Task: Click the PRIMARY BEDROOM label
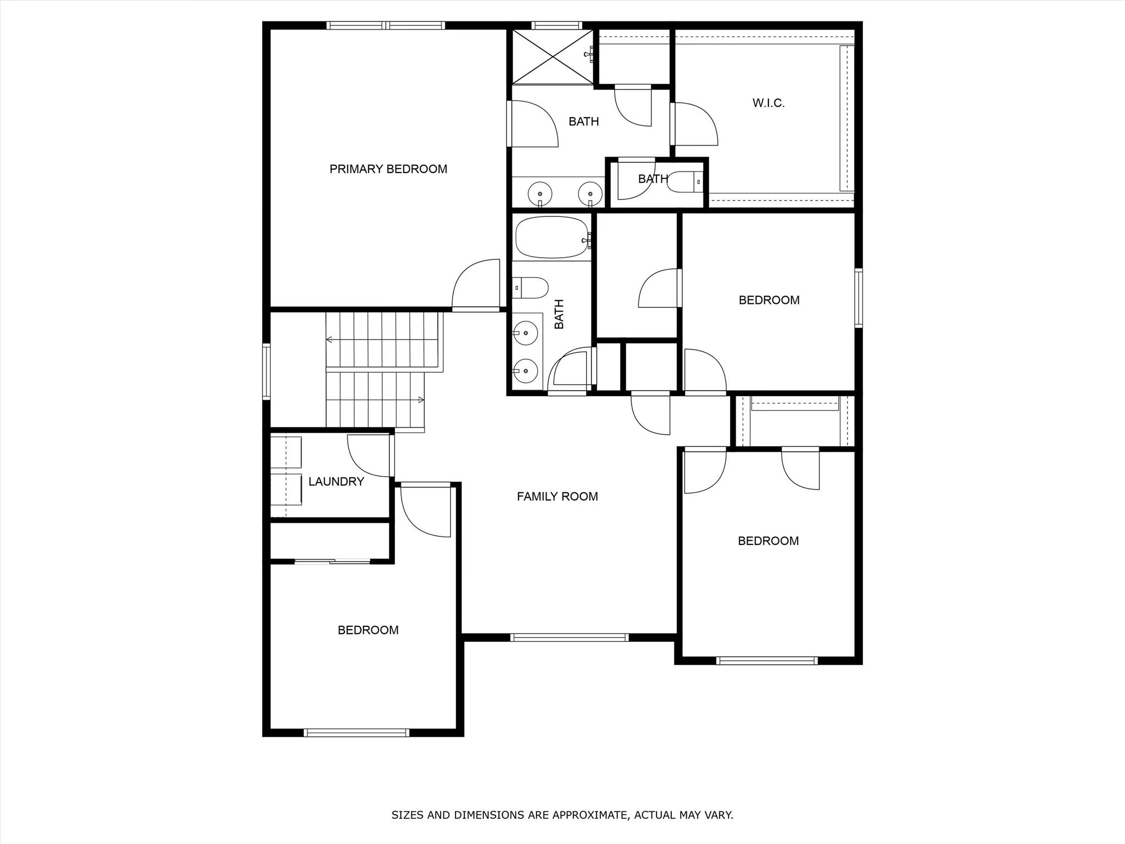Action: coord(388,169)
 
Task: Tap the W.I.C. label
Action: coord(768,103)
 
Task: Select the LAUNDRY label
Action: coord(336,481)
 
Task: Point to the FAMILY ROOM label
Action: coord(557,496)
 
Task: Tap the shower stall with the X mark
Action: coord(552,57)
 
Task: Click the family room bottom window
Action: coord(569,637)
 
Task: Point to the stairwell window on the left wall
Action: coord(266,371)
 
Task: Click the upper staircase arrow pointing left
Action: coord(330,340)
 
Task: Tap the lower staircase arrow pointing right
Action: coord(421,399)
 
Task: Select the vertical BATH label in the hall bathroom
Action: coord(559,314)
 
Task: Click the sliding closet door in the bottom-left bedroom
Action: coord(332,561)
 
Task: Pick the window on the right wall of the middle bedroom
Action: coord(858,298)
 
